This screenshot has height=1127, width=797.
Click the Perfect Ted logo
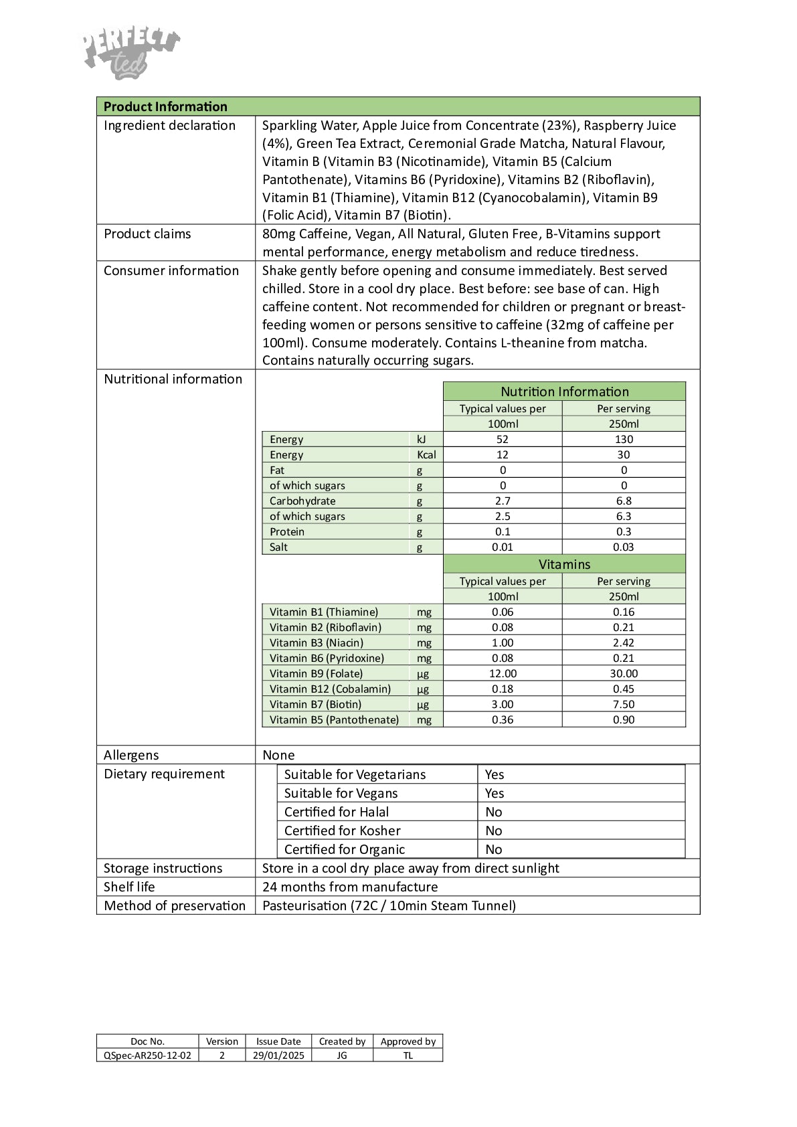[x=131, y=54]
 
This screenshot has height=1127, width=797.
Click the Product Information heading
[x=165, y=106]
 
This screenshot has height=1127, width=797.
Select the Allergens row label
[x=131, y=755]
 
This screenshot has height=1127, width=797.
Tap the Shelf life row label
[x=129, y=887]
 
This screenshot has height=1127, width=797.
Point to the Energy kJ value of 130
[x=624, y=439]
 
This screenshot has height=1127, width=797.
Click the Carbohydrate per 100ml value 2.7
[x=503, y=501]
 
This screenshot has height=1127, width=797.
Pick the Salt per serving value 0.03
[x=624, y=547]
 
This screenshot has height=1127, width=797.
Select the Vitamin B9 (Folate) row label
[x=316, y=673]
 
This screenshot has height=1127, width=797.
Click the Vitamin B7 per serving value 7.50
[x=624, y=704]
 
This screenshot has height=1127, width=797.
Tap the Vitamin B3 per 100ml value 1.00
[x=503, y=642]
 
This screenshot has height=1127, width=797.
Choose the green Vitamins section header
[x=564, y=564]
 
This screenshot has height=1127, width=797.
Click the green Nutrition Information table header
[x=564, y=392]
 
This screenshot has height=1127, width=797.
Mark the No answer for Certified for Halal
[x=494, y=812]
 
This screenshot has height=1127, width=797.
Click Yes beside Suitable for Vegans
[x=495, y=793]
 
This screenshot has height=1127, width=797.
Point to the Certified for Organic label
[x=345, y=849]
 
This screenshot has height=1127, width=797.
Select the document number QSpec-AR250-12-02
[x=147, y=1055]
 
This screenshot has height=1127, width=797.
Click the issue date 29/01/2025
[x=278, y=1055]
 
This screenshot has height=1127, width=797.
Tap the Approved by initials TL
[x=408, y=1055]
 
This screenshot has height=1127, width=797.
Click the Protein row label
[x=287, y=531]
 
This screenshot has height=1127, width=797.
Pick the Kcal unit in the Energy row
[x=426, y=454]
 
